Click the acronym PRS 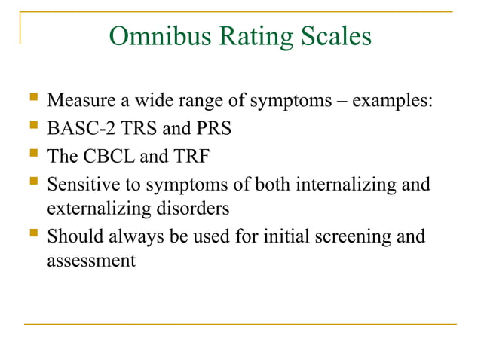pos(213,128)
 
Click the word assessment pos(90,261)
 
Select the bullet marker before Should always pos(31,235)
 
